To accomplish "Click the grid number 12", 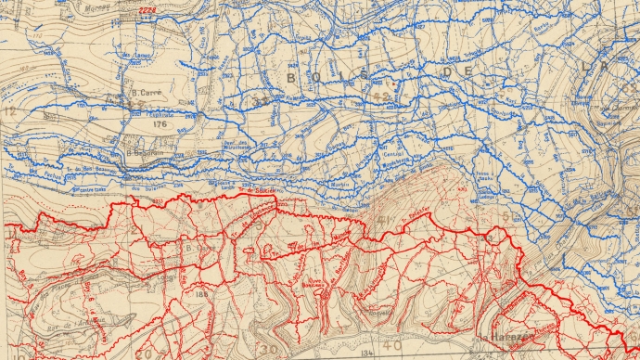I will (x=10, y=110).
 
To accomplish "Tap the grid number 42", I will (x=379, y=96).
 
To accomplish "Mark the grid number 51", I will (x=506, y=216).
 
